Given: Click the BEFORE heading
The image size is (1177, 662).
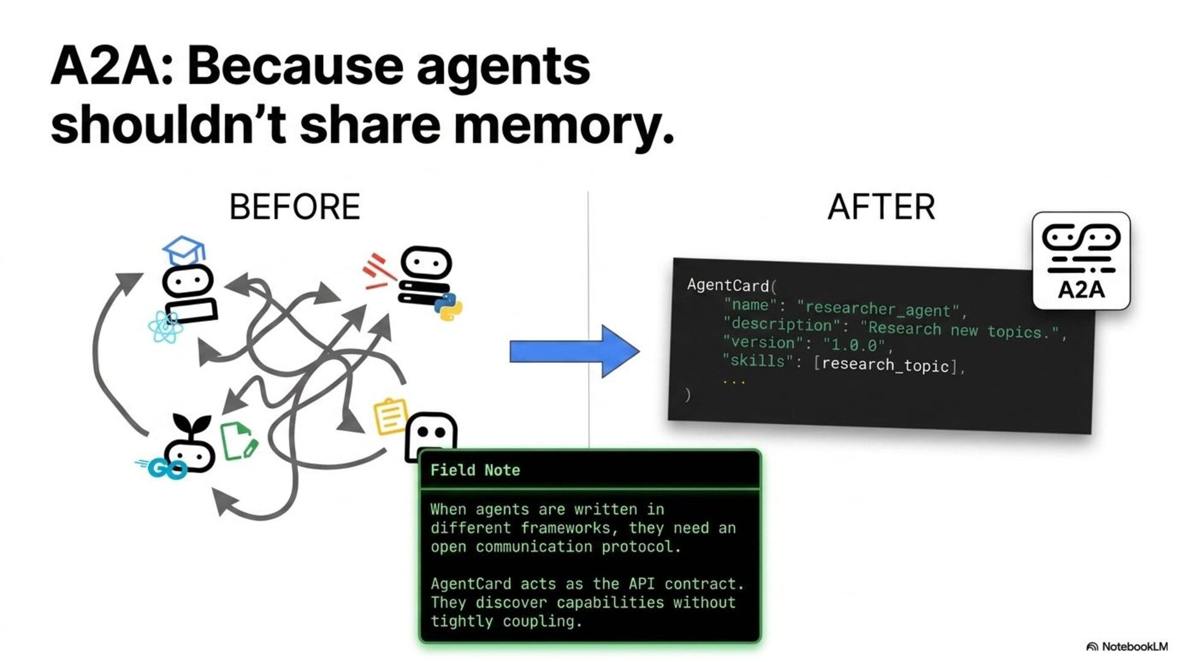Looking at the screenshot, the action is pyautogui.click(x=294, y=207).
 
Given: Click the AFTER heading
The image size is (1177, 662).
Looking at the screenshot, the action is pyautogui.click(x=881, y=207).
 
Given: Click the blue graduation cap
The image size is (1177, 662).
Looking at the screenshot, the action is pyautogui.click(x=183, y=250).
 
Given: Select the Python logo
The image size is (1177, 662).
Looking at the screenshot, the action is pyautogui.click(x=449, y=306).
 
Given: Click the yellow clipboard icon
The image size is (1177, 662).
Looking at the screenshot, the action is pyautogui.click(x=390, y=417).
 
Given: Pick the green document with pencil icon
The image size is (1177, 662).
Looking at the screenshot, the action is pyautogui.click(x=238, y=441).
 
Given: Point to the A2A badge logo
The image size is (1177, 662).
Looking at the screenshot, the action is pyautogui.click(x=1081, y=261).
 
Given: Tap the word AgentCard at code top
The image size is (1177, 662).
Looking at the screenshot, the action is pyautogui.click(x=728, y=285).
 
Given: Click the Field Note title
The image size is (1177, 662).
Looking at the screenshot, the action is pyautogui.click(x=475, y=470).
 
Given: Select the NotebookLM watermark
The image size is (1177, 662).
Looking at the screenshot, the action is pyautogui.click(x=1128, y=647).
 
